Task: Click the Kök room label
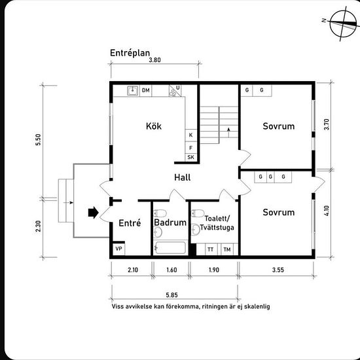[x=154, y=126]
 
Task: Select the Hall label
[x=182, y=177]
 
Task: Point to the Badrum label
[x=167, y=223]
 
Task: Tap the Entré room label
[x=130, y=223]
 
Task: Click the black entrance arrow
[x=92, y=212]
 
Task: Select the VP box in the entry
[x=118, y=249]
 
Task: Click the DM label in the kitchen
[x=145, y=90]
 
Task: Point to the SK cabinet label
[x=191, y=158]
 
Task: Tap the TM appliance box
[x=226, y=249]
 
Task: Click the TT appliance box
[x=211, y=249]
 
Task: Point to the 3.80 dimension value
[x=154, y=60]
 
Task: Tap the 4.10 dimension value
[x=327, y=211]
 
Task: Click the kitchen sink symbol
[x=132, y=91]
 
